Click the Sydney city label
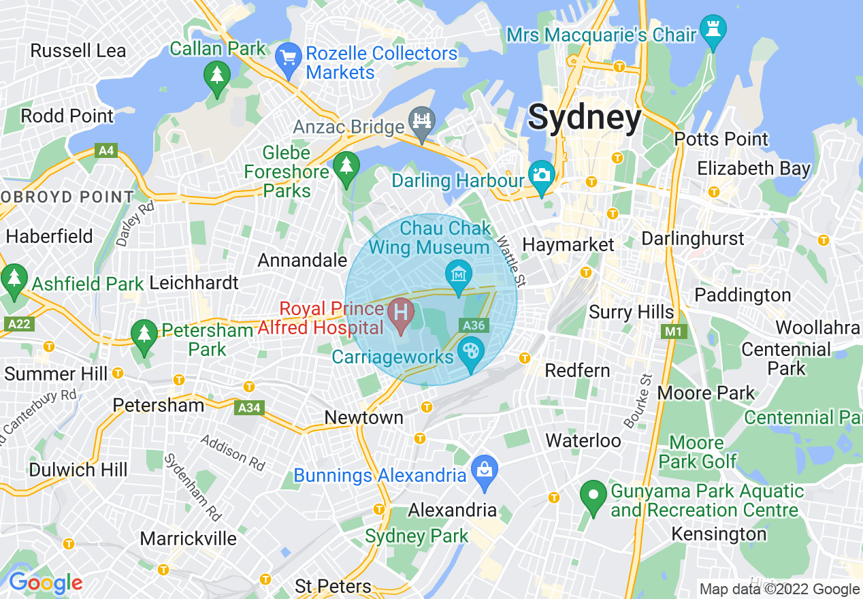click(x=584, y=117)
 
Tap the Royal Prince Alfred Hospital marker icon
click(x=401, y=314)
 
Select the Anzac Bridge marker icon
click(x=421, y=123)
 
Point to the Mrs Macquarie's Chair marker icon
click(x=713, y=30)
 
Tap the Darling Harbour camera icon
click(x=542, y=175)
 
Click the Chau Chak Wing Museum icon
click(x=459, y=275)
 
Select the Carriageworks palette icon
click(x=470, y=353)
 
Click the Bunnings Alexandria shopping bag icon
click(x=485, y=470)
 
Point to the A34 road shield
click(x=249, y=408)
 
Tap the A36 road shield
click(x=474, y=325)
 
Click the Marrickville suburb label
click(x=189, y=538)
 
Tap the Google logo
click(x=45, y=583)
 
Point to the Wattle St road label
click(x=510, y=261)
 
